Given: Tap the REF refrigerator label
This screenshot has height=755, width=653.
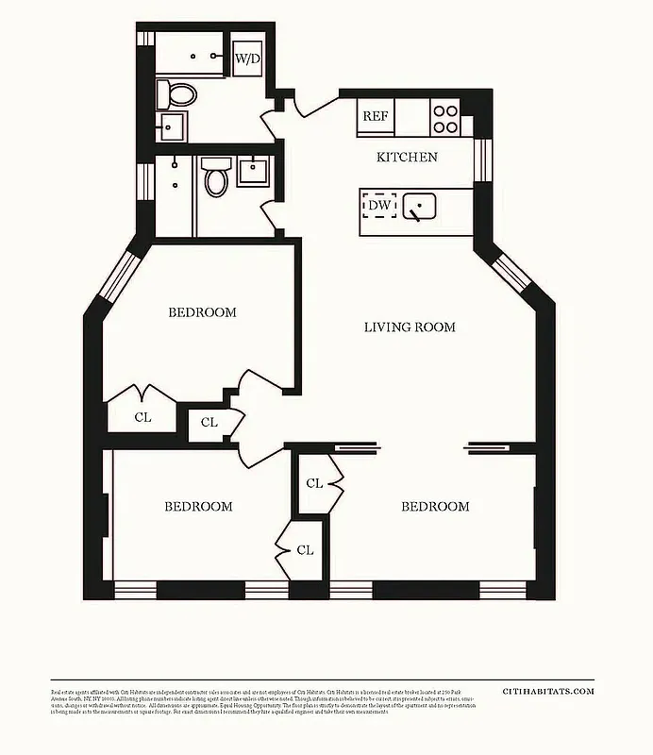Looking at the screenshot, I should tap(375, 118).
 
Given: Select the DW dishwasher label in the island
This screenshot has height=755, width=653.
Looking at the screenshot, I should tap(379, 205).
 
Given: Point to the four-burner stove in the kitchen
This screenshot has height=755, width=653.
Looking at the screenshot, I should tap(445, 118).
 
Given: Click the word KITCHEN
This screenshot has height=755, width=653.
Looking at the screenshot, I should tap(407, 157).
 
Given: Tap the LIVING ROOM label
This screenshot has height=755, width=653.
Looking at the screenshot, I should tap(410, 327).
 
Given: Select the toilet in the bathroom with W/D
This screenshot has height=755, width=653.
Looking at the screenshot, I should tap(176, 92).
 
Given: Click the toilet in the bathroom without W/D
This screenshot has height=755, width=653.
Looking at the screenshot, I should tap(216, 176).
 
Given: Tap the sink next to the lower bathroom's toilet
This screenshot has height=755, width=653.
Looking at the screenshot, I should tap(253, 172).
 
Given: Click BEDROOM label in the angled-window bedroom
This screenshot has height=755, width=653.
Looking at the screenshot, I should tap(202, 312).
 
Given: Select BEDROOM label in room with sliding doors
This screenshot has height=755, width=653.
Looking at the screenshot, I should tap(435, 507).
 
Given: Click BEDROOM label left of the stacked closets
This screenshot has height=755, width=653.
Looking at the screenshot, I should tap(198, 507).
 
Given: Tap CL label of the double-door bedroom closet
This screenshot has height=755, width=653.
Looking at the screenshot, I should tap(142, 415).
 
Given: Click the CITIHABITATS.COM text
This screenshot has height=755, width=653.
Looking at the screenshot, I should tap(548, 692).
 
